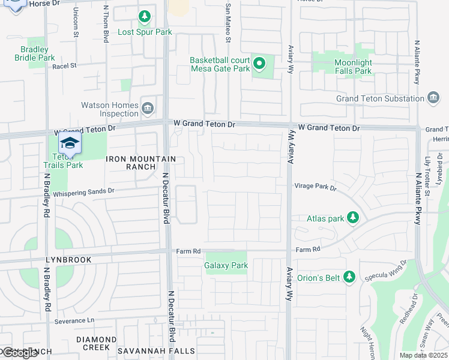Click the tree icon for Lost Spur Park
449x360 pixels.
pyautogui.click(x=144, y=16)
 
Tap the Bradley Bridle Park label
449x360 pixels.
pyautogui.click(x=34, y=53)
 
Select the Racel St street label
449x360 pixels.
pyautogui.click(x=65, y=66)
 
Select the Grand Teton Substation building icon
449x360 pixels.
pyautogui.click(x=434, y=98)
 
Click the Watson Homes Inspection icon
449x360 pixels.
pyautogui.click(x=148, y=108)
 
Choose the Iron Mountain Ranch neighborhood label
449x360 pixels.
pyautogui.click(x=141, y=163)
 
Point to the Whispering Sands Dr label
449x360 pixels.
pyautogui.click(x=83, y=192)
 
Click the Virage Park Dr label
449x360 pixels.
pyautogui.click(x=316, y=187)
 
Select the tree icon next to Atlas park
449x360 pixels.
pyautogui.click(x=354, y=218)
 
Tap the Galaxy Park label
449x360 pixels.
pyautogui.click(x=226, y=265)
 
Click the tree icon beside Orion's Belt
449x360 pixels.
pyautogui.click(x=349, y=278)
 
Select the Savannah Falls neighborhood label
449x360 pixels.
pyautogui.click(x=156, y=350)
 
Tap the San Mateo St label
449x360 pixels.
pyautogui.click(x=228, y=24)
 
